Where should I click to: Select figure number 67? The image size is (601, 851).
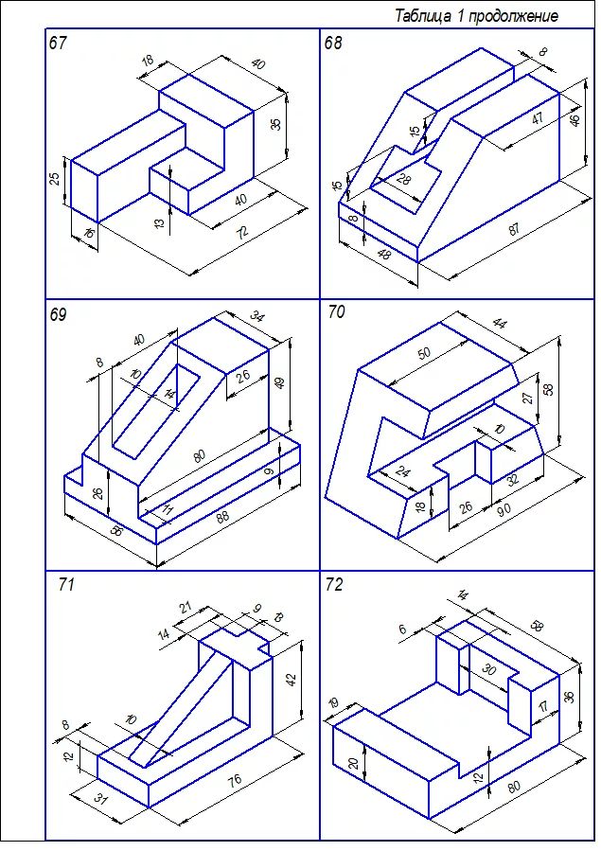[x=58, y=43]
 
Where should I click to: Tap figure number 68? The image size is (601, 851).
[x=333, y=43]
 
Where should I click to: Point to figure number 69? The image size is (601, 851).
[x=59, y=314]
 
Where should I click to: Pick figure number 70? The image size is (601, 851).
[x=336, y=311]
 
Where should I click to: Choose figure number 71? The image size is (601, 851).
[x=65, y=585]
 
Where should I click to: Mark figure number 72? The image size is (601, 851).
[x=333, y=584]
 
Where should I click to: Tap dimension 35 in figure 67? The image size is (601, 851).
[x=275, y=123]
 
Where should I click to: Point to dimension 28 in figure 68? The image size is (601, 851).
[x=404, y=179]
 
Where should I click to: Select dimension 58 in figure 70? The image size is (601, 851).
[x=549, y=389]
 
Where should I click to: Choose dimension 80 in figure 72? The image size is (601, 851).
[x=514, y=785]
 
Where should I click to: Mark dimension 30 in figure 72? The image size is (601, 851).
[x=488, y=668]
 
